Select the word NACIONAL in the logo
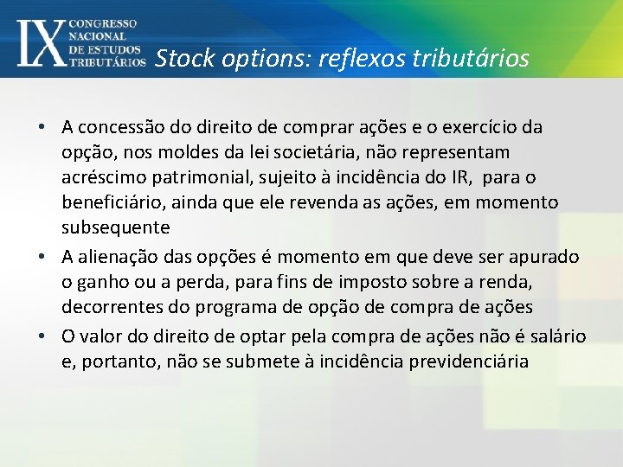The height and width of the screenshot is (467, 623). [98, 36]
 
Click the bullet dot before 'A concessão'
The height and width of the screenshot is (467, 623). [42, 128]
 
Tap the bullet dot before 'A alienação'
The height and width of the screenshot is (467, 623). [42, 258]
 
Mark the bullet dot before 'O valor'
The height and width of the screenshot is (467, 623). [42, 336]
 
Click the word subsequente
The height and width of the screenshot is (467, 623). [115, 228]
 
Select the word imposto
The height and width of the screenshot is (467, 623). [373, 283]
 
